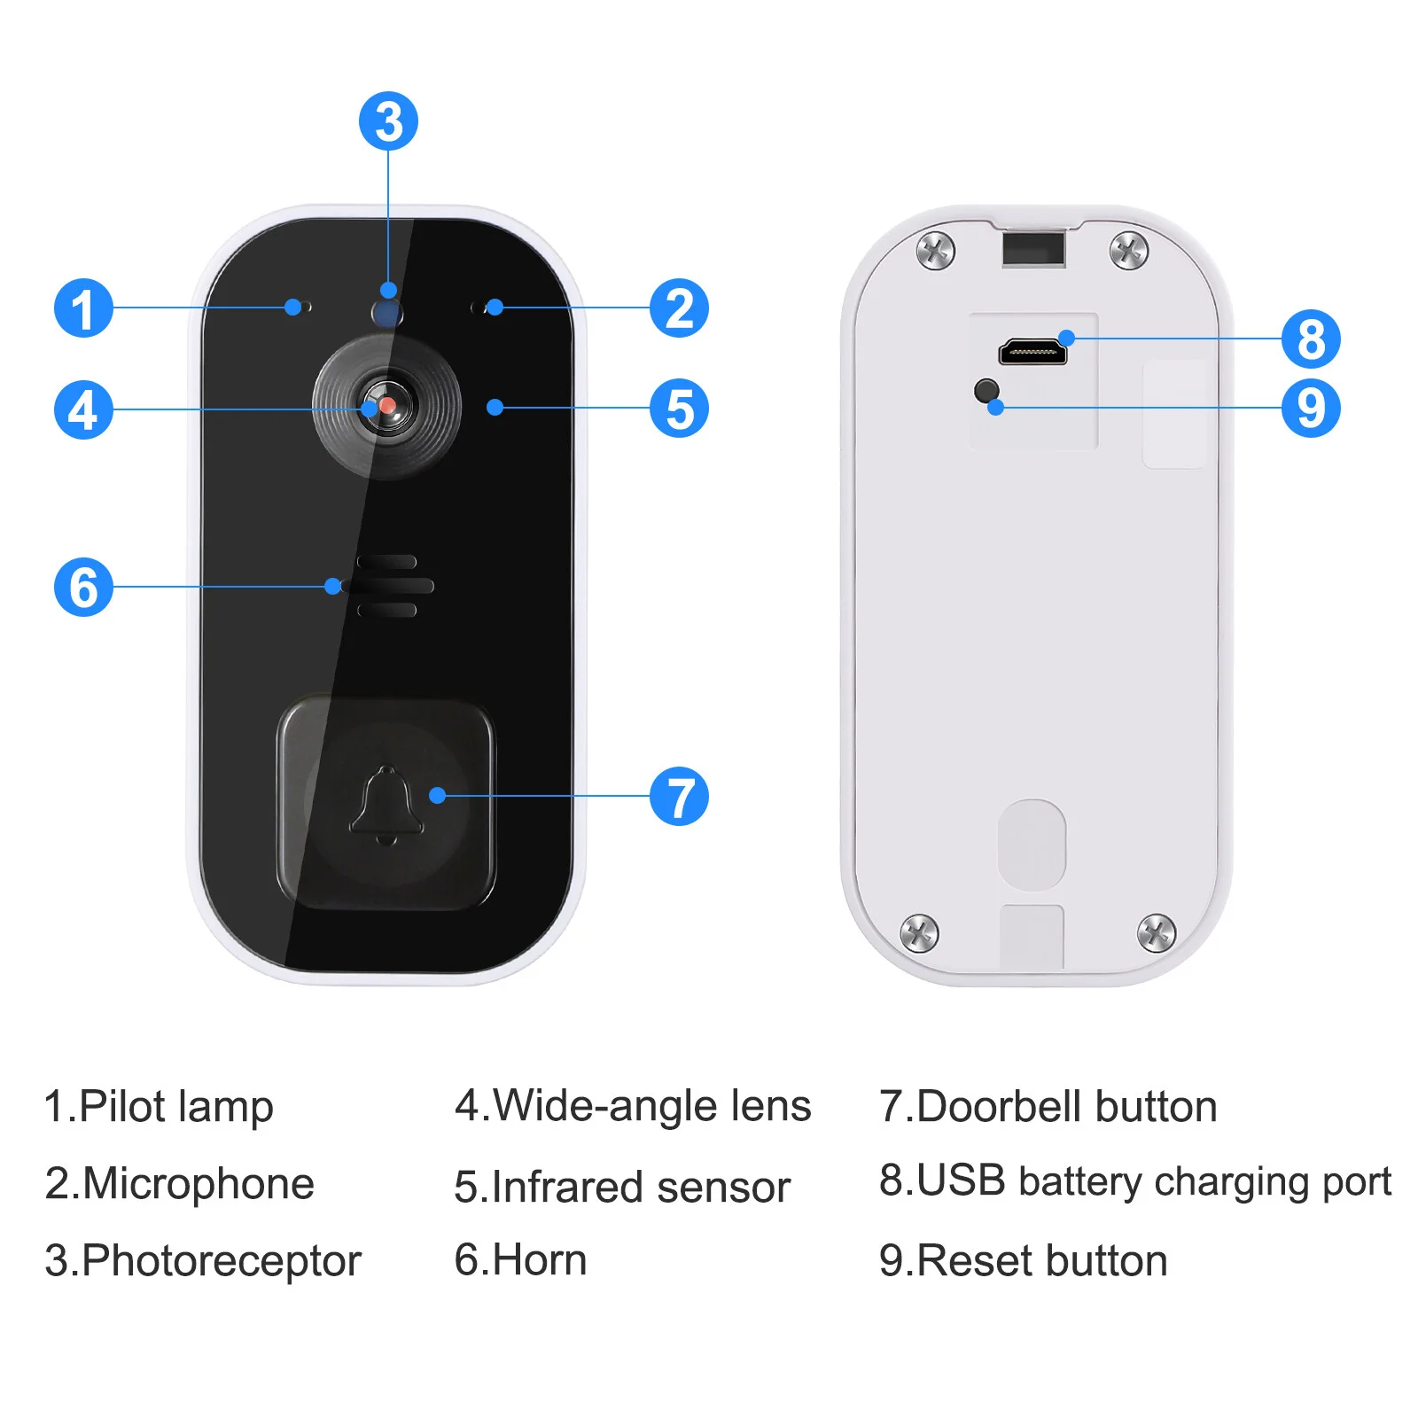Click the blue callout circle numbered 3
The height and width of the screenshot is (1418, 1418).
[x=388, y=121]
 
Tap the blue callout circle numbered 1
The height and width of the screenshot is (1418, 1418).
[x=83, y=308]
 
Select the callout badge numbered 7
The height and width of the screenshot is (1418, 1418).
[x=679, y=796]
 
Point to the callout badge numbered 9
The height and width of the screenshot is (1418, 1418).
[x=1311, y=408]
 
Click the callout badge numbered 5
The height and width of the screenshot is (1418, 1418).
[x=679, y=408]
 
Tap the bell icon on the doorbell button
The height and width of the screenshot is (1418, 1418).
[x=386, y=805]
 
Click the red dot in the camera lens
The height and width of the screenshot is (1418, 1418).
[x=387, y=405]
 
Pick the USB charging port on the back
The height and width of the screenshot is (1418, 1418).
[x=1032, y=352]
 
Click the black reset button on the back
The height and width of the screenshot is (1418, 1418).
[x=986, y=390]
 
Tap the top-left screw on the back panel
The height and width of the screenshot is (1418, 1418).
[x=935, y=250]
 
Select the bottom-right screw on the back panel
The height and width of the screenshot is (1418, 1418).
[x=1156, y=931]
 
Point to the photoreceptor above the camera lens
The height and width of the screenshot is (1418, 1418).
[x=387, y=311]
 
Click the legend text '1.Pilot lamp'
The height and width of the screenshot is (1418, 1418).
[x=159, y=1107]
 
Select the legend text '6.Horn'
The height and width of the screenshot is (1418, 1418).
[x=520, y=1259]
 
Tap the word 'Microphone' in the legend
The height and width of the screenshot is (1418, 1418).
[x=199, y=1184]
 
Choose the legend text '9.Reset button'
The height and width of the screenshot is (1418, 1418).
[x=1024, y=1260]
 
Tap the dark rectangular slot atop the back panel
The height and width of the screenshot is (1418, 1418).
[x=1032, y=248]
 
